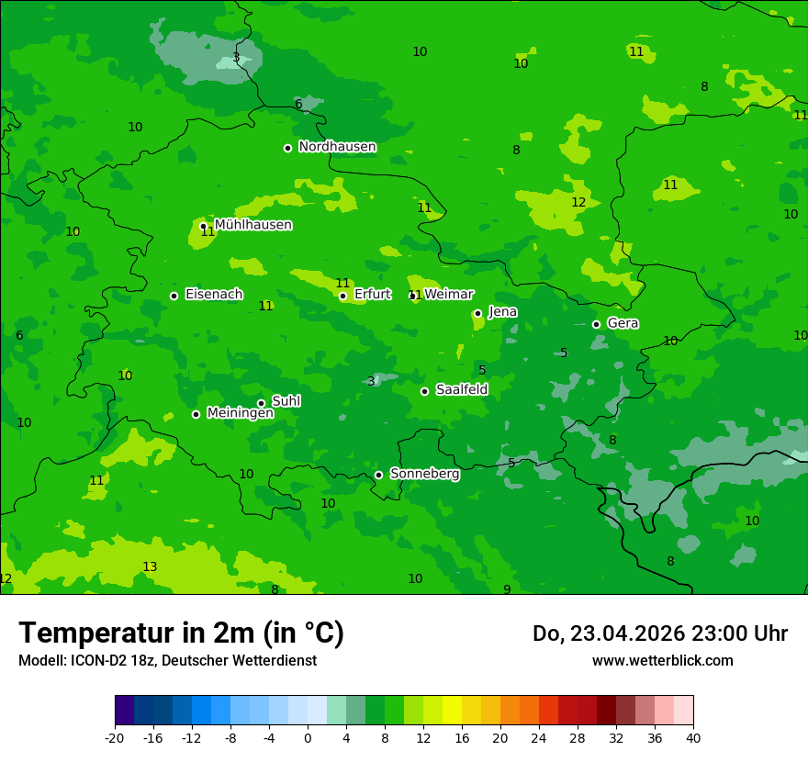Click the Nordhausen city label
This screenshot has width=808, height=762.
[x=337, y=147]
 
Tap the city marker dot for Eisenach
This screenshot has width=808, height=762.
[x=174, y=296]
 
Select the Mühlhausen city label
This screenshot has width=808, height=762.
[x=252, y=225]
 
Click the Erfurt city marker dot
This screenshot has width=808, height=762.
[x=342, y=296]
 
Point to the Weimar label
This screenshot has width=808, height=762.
[x=448, y=295]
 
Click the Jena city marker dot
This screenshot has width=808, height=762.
[x=477, y=313]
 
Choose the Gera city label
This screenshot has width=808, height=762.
[x=623, y=324]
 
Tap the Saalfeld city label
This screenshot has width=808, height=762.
[x=461, y=390]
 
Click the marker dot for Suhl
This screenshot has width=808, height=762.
[x=261, y=403]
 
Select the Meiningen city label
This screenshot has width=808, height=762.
[x=240, y=414]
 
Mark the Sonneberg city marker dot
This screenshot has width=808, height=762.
[x=378, y=475]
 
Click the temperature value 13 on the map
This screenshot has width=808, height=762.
[x=150, y=567]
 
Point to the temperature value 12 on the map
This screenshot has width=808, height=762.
[x=578, y=203]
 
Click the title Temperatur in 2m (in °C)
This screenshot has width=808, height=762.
[x=181, y=633]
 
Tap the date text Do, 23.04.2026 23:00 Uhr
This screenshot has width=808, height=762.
[x=659, y=633]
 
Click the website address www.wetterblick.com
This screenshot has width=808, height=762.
[x=662, y=661]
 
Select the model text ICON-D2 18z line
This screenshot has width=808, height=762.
[x=167, y=661]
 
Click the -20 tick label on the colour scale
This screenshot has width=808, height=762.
[x=115, y=737]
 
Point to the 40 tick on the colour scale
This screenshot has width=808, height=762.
[x=692, y=737]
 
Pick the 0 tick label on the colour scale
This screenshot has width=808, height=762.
[x=308, y=737]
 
